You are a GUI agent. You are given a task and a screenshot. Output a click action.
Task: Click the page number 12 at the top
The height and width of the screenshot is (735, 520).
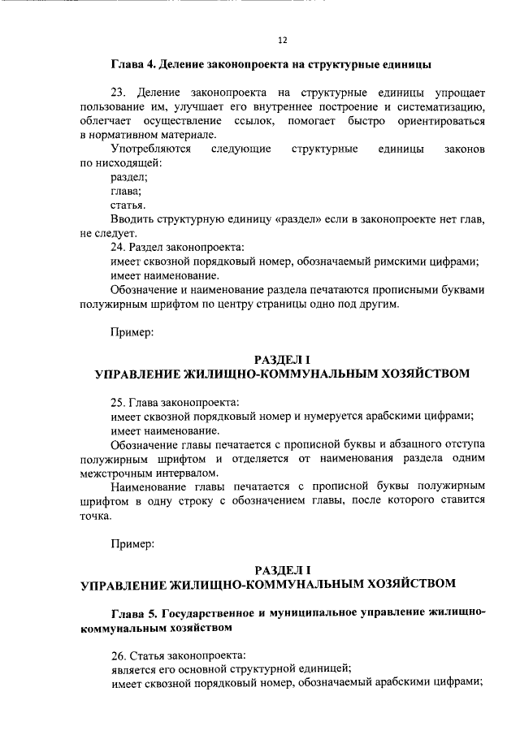pyautogui.click(x=282, y=40)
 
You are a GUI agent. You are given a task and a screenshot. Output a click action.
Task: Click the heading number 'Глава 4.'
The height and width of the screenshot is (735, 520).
pyautogui.click(x=132, y=63)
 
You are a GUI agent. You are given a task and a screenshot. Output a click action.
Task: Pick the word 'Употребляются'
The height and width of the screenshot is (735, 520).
pyautogui.click(x=150, y=149)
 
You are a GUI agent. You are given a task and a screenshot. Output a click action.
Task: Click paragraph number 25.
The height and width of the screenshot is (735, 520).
pyautogui.click(x=118, y=402)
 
